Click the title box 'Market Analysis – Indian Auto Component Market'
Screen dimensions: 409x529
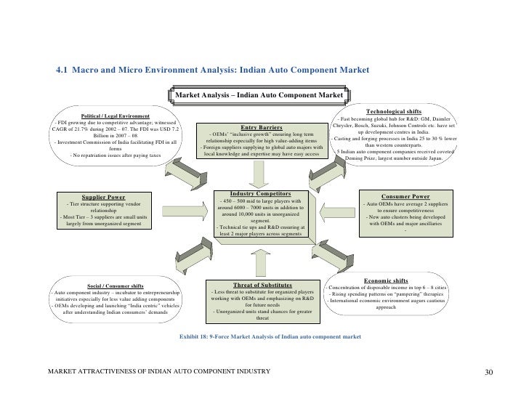tap(264, 95)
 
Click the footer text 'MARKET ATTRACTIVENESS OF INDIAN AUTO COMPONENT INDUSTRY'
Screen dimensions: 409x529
tap(158, 373)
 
